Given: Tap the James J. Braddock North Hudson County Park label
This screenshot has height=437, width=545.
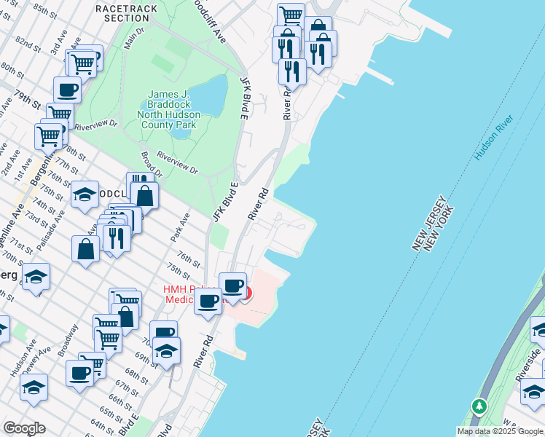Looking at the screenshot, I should tap(172, 109).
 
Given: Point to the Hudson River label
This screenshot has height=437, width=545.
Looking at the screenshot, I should tap(493, 138).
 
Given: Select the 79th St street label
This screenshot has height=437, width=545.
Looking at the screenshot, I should tap(27, 97).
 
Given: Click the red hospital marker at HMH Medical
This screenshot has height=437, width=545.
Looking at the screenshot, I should tap(246, 294).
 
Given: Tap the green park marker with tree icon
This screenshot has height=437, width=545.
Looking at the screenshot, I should tap(479, 406).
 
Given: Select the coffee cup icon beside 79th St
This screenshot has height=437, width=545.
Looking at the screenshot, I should tap(67, 90).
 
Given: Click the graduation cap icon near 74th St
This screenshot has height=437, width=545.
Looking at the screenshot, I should tap(85, 194).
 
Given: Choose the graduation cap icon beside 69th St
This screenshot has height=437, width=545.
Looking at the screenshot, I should tap(166, 350).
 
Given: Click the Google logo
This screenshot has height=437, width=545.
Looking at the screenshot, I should tap(24, 428).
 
